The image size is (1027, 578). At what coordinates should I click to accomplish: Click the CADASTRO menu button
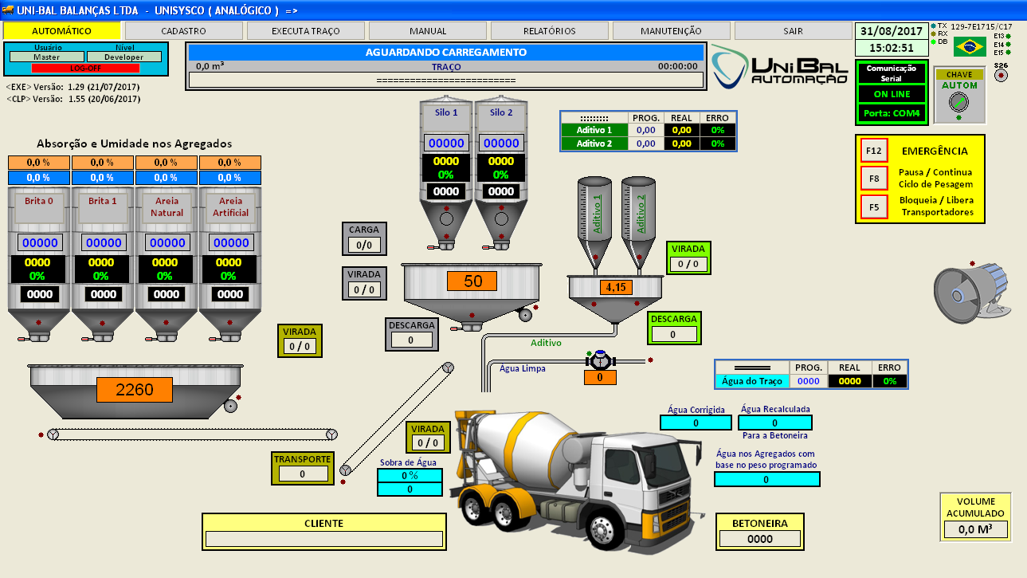[x=183, y=31]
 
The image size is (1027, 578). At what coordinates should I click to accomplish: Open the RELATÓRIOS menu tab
[x=549, y=31]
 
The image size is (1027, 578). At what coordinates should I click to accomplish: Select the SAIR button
[x=793, y=31]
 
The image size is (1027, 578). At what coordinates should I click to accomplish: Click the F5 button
[x=874, y=207]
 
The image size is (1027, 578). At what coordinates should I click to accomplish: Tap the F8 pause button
[x=874, y=178]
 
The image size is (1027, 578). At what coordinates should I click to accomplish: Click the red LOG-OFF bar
[x=85, y=68]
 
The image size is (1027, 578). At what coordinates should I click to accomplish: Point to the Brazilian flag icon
[x=970, y=47]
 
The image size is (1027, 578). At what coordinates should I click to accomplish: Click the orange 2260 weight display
[x=135, y=390]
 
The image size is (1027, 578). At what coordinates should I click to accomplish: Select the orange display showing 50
[x=473, y=281]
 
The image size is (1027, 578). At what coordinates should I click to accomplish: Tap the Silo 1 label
[x=446, y=112]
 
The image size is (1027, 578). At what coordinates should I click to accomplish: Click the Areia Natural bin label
[x=167, y=207]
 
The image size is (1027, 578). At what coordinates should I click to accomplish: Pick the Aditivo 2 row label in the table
[x=594, y=144]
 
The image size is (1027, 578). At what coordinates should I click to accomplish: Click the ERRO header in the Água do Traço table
[x=889, y=368]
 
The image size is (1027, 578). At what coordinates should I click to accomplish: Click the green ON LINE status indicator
[x=892, y=93]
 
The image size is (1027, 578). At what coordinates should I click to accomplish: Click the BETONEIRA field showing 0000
[x=760, y=539]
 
